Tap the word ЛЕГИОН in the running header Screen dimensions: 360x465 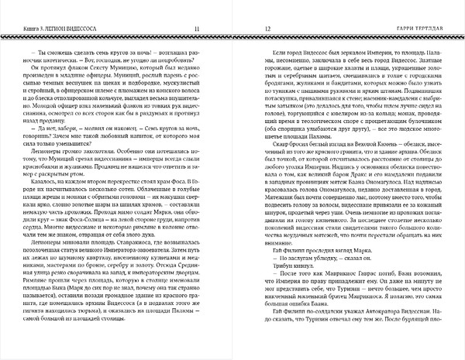click(57, 30)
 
